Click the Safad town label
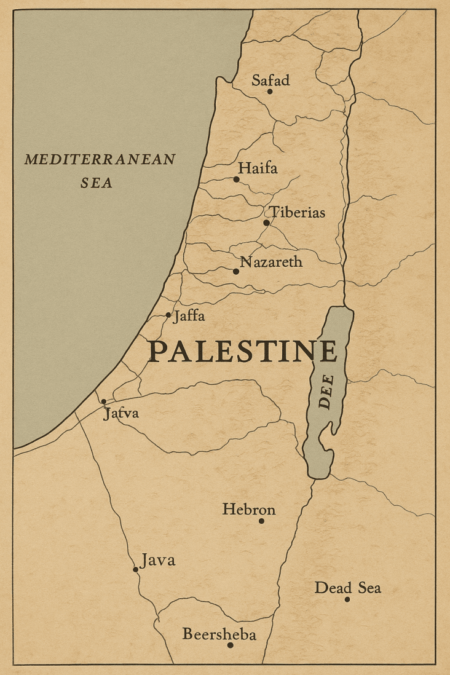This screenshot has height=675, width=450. point(270,80)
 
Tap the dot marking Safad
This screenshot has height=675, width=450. point(269,92)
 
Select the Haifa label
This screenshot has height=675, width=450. point(258,168)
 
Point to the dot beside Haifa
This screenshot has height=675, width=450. point(236,180)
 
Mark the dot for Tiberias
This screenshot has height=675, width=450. point(266,223)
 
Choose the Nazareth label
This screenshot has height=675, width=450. point(271,262)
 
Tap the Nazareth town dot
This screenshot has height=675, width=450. point(236,271)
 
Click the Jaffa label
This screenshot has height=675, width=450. point(189,317)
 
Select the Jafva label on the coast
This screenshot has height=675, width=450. point(121,413)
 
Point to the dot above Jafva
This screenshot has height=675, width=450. point(103,401)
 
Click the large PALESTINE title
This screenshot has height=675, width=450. point(243,352)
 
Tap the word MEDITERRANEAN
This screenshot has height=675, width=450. point(100,160)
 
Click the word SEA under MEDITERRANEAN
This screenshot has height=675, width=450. point(97,183)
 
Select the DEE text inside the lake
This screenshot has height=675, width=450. point(326,392)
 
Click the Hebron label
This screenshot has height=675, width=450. point(249,509)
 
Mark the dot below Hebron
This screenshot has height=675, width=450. point(261,521)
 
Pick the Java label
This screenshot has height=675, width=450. point(158,560)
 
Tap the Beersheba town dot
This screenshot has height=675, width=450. point(230,645)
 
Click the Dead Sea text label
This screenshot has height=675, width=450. point(347,588)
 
